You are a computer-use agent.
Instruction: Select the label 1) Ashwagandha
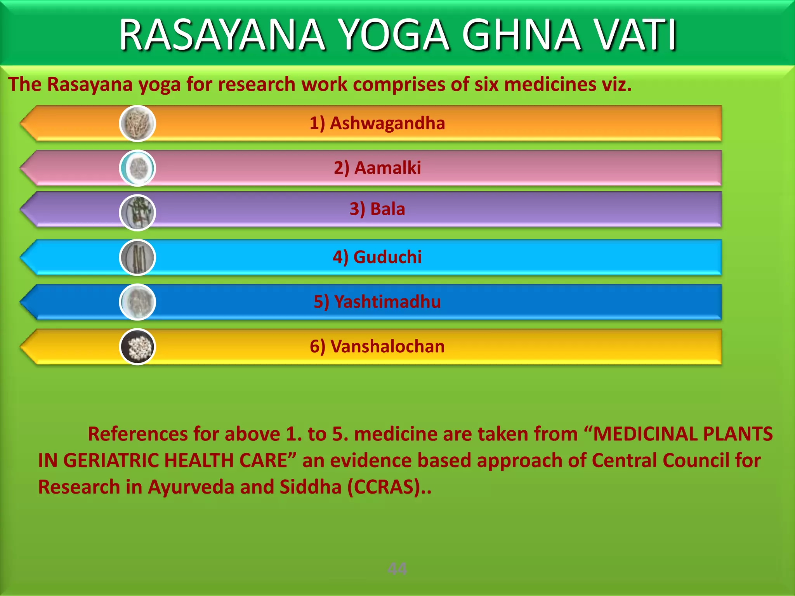(377, 123)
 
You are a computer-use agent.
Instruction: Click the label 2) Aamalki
(377, 168)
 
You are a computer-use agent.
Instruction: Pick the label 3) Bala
(377, 209)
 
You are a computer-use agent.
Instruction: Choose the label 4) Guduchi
(377, 257)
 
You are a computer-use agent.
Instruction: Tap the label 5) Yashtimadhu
(377, 302)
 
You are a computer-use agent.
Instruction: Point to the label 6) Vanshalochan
(377, 347)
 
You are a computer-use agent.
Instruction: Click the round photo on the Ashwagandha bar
(137, 123)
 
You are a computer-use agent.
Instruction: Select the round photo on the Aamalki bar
(137, 168)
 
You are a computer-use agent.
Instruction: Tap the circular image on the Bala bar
(137, 213)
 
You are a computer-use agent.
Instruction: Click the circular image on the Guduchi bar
(137, 257)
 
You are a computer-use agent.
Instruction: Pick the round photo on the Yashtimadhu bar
(137, 302)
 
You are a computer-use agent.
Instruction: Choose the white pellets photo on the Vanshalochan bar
(137, 347)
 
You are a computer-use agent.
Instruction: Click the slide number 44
(397, 569)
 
